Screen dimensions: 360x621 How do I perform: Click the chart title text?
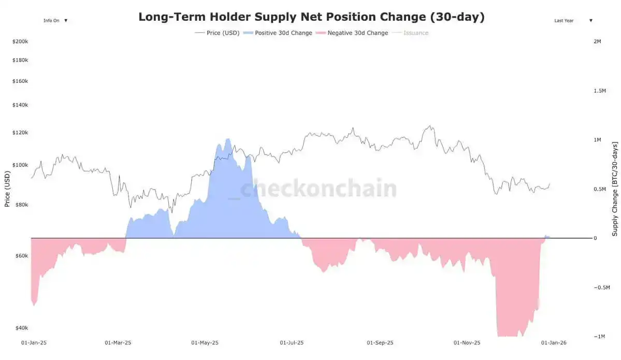tap(311, 17)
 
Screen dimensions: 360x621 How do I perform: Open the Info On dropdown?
tap(55, 21)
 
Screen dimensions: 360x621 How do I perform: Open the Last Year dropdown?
tap(573, 21)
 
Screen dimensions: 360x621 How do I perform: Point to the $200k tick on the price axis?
tap(20, 41)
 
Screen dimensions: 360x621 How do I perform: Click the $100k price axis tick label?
tap(20, 165)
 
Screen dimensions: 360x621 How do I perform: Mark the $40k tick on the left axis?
tap(21, 328)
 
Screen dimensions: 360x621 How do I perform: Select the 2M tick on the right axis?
tap(597, 41)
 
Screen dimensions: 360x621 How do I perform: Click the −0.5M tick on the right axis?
tap(601, 287)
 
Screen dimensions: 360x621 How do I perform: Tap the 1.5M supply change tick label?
tap(599, 91)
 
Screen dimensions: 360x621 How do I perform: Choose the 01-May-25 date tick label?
tap(205, 343)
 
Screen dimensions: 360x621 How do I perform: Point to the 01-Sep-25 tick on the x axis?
tap(380, 343)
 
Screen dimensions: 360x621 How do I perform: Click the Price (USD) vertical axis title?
tap(7, 189)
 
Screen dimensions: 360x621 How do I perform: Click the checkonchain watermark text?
tap(318, 189)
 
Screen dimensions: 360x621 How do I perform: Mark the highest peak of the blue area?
tap(227, 138)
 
